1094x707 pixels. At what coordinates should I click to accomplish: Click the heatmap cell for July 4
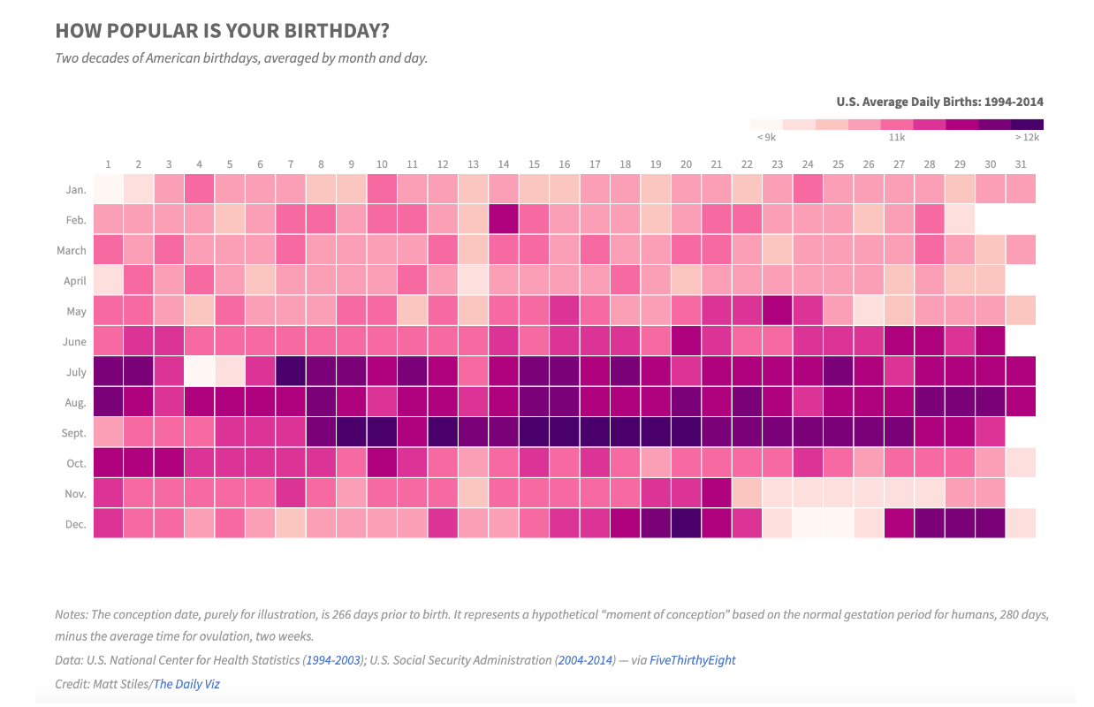pyautogui.click(x=199, y=372)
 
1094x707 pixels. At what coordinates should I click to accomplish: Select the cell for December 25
pyautogui.click(x=839, y=524)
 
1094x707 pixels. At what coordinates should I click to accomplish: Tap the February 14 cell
pyautogui.click(x=504, y=220)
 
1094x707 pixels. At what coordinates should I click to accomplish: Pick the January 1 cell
pyautogui.click(x=108, y=189)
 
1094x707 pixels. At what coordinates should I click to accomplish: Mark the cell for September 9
pyautogui.click(x=351, y=433)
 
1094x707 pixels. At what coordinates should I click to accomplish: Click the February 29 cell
pyautogui.click(x=961, y=220)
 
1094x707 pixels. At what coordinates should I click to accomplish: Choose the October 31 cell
pyautogui.click(x=1022, y=463)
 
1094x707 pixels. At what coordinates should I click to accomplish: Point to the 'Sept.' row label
pyautogui.click(x=74, y=433)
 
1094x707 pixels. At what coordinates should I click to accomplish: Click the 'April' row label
pyautogui.click(x=75, y=281)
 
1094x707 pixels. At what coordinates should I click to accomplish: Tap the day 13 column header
pyautogui.click(x=473, y=163)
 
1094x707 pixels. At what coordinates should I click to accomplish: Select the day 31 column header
pyautogui.click(x=1022, y=163)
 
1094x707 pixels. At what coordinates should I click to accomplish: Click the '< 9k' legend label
pyautogui.click(x=766, y=137)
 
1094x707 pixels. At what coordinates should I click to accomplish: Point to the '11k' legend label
pyautogui.click(x=897, y=137)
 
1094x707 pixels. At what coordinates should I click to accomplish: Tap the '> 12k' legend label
pyautogui.click(x=1028, y=137)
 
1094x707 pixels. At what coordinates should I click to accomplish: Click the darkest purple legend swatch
pyautogui.click(x=1027, y=125)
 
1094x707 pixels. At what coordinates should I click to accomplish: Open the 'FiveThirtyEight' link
pyautogui.click(x=692, y=660)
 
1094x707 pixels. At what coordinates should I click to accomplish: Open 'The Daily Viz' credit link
pyautogui.click(x=186, y=684)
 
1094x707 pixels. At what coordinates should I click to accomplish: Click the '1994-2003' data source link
pyautogui.click(x=333, y=660)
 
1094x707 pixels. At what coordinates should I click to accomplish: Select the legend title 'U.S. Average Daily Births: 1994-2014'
pyautogui.click(x=939, y=102)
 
